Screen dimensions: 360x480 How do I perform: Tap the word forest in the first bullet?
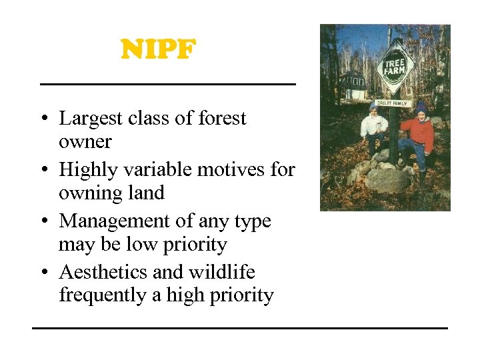[222, 118]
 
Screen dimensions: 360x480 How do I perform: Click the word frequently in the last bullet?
[103, 295]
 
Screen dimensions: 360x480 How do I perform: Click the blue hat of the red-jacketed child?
[421, 107]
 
